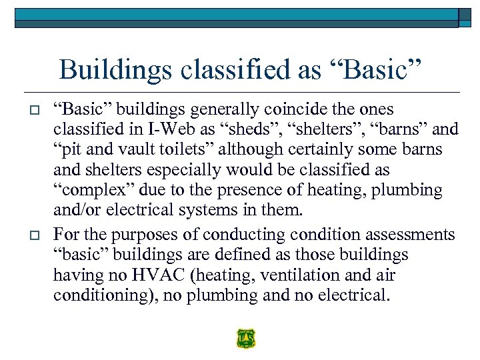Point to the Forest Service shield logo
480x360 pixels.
point(245,339)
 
